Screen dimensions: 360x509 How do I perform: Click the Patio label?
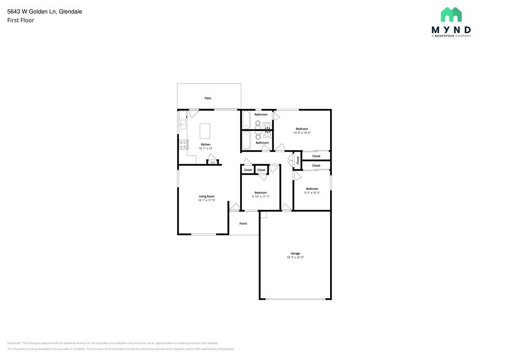pyautogui.click(x=208, y=98)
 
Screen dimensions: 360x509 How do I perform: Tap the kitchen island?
pyautogui.click(x=205, y=131)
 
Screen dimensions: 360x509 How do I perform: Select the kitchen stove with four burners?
pyautogui.click(x=183, y=144)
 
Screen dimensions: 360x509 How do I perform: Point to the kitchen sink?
pyautogui.click(x=182, y=124)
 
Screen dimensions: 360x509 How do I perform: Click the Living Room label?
pyautogui.click(x=206, y=196)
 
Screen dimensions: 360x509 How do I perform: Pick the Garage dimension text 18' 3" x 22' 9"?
pyautogui.click(x=295, y=258)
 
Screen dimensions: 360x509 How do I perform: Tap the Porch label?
pyautogui.click(x=243, y=223)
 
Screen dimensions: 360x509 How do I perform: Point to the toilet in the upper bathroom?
pyautogui.click(x=258, y=124)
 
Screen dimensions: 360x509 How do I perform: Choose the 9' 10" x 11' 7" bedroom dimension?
pyautogui.click(x=260, y=197)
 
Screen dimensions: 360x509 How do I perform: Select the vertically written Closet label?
pyautogui.click(x=298, y=160)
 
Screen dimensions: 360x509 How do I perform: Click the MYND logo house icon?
pyautogui.click(x=451, y=15)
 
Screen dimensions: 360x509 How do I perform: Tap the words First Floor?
pyautogui.click(x=20, y=20)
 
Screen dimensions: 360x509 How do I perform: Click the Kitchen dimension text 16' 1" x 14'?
pyautogui.click(x=205, y=148)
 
